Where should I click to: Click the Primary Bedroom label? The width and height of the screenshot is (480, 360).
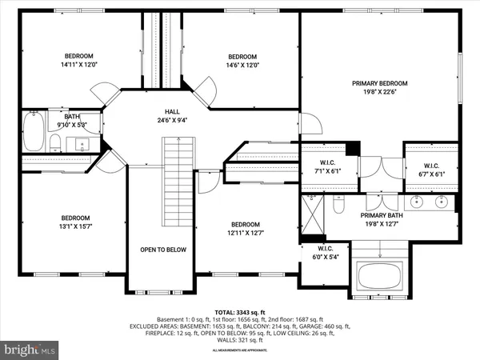380,83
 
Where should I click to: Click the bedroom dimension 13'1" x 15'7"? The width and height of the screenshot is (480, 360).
76,227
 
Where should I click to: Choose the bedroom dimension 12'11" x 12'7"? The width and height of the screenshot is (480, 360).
246,234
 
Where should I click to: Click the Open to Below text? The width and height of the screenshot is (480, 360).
163,250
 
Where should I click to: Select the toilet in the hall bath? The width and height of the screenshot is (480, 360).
55,142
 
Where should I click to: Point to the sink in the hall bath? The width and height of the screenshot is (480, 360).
82,145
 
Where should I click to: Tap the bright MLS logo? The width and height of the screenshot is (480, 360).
30,349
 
